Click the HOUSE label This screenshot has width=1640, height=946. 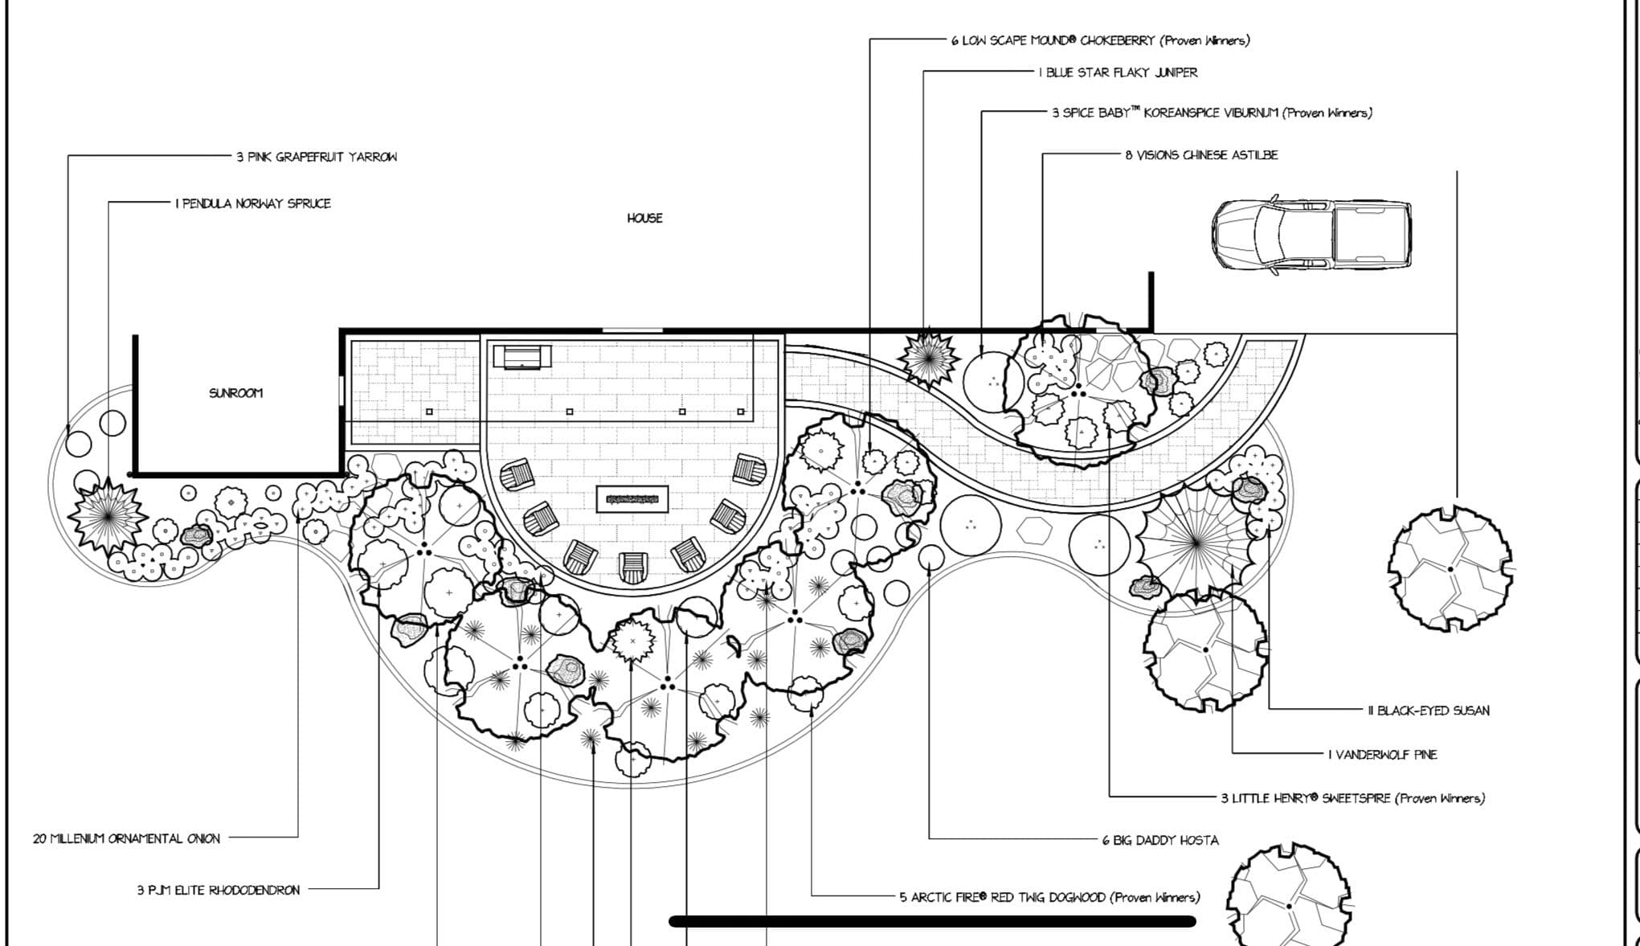(x=644, y=218)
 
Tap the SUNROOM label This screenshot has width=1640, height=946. (x=235, y=393)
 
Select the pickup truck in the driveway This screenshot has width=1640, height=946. (x=1311, y=235)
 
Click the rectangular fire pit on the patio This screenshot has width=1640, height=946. (x=632, y=499)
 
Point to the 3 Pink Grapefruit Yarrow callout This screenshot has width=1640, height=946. (x=316, y=157)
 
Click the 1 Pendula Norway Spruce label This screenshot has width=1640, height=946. (x=253, y=203)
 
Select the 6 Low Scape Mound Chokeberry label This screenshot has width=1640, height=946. (x=1100, y=40)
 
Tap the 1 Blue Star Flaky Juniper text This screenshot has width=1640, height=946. (x=1118, y=72)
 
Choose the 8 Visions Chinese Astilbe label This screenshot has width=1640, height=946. (x=1200, y=155)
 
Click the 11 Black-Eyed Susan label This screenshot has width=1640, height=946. (x=1428, y=711)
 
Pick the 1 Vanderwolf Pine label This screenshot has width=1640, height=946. (x=1382, y=755)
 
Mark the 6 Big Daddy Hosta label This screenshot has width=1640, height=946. (x=1159, y=840)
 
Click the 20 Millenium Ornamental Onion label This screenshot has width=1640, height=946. (x=126, y=838)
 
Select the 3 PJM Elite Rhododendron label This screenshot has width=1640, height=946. (x=218, y=890)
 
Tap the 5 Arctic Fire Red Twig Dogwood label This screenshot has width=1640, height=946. (x=1049, y=897)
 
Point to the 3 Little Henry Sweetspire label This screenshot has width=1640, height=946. (x=1352, y=798)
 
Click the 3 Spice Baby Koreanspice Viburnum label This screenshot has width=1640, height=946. (x=1212, y=113)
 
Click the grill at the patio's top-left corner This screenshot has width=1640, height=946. (x=522, y=356)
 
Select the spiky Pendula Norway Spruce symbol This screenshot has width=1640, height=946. (x=107, y=515)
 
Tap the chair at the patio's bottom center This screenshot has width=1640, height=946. (x=633, y=567)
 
